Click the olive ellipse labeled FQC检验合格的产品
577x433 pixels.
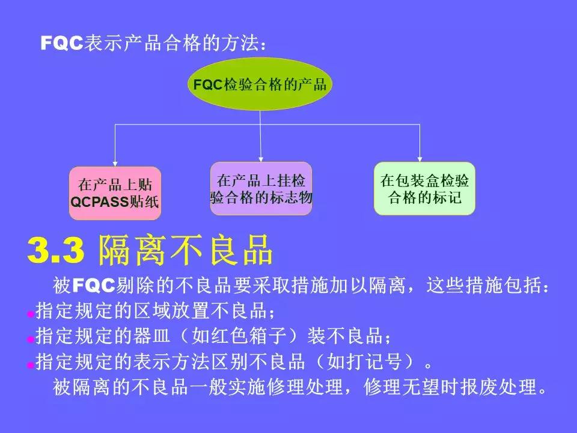[x=260, y=84]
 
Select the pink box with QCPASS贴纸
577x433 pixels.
[x=115, y=193]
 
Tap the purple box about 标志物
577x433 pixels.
[x=261, y=188]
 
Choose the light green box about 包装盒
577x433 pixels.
[x=424, y=188]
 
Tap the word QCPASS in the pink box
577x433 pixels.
[x=99, y=202]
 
